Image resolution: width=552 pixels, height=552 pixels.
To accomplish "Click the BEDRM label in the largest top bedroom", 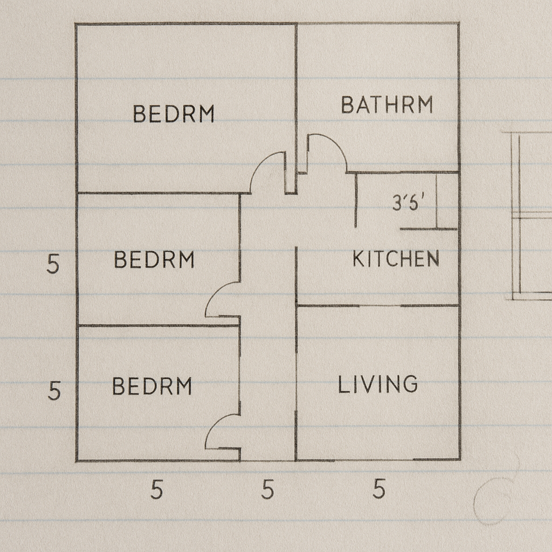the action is (x=174, y=114).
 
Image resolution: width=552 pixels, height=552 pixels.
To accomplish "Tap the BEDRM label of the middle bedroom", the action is (x=154, y=260).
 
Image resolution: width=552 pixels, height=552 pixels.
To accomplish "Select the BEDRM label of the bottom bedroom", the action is (x=152, y=386).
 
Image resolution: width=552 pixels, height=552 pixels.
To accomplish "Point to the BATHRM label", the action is (x=387, y=105).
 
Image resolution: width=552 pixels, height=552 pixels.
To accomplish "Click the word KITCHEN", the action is (x=396, y=259).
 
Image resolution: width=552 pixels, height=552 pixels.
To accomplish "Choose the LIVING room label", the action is (x=378, y=384).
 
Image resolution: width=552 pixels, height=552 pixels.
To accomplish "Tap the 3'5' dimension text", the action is (x=409, y=203).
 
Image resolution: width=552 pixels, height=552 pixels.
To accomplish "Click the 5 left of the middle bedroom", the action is (x=53, y=264).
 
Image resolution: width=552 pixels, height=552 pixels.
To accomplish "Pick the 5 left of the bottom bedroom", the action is (x=54, y=390).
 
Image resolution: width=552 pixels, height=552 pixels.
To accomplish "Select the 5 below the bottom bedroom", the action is (x=157, y=489).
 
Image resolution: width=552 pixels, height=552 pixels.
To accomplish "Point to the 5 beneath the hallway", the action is (x=267, y=489).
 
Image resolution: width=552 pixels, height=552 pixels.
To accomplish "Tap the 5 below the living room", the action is (x=379, y=489).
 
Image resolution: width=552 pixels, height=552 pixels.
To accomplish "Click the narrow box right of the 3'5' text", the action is (x=447, y=201).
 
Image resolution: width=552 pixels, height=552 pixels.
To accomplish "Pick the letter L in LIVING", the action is (x=343, y=384).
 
